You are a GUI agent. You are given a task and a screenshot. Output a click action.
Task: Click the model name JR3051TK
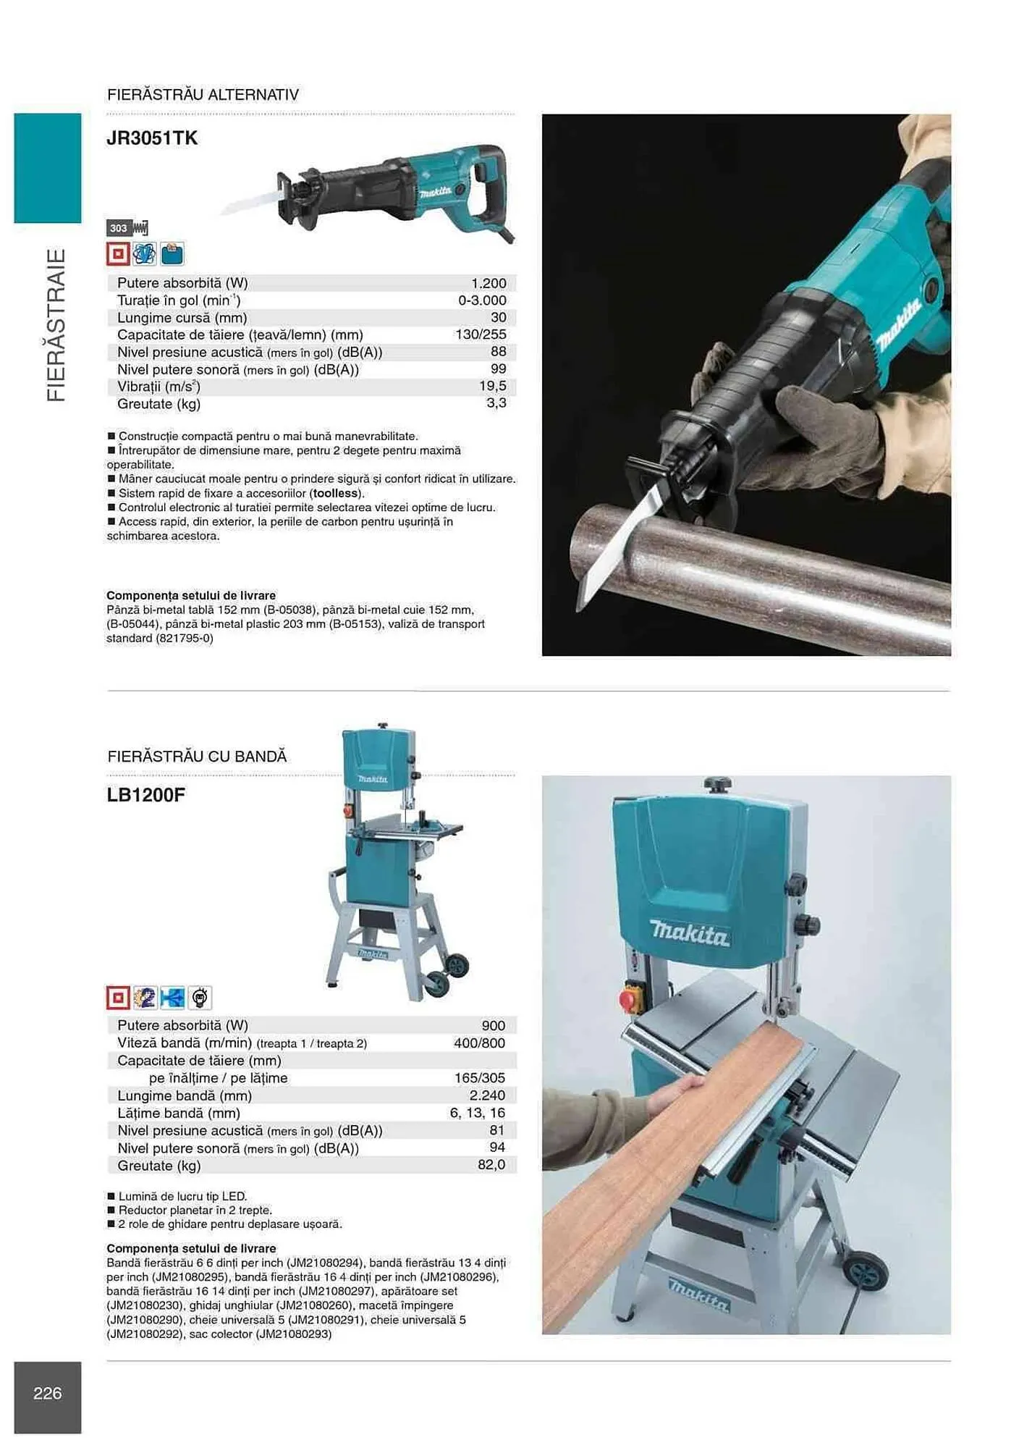tap(152, 138)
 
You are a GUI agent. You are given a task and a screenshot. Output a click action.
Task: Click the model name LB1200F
tap(146, 795)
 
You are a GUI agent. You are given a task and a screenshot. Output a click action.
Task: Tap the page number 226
tap(48, 1393)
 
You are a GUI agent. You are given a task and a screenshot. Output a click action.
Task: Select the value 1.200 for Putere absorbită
tap(488, 283)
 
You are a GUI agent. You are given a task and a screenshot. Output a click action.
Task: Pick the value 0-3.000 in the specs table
tap(482, 300)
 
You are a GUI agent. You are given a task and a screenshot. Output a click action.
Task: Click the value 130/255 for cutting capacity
tap(481, 334)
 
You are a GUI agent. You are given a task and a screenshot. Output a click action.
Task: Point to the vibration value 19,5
tap(492, 387)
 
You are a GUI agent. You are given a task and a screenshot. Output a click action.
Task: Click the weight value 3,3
tap(496, 403)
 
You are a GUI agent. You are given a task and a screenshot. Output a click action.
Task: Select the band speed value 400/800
tap(479, 1043)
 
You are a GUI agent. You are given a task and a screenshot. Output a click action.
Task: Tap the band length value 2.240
tap(487, 1095)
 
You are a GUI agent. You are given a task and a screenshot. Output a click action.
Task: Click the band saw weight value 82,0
tap(491, 1165)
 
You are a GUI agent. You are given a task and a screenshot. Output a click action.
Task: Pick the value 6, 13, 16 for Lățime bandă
tap(477, 1113)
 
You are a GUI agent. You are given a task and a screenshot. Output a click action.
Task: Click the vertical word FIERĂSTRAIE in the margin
tap(56, 325)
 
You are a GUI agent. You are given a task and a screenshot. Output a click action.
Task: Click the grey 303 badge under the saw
tap(119, 229)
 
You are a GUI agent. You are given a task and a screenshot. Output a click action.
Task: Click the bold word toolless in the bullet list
tap(335, 493)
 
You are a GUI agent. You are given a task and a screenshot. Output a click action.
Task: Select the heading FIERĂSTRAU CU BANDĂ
tap(197, 757)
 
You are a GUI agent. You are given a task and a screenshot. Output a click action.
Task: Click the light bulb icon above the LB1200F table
tap(200, 998)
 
